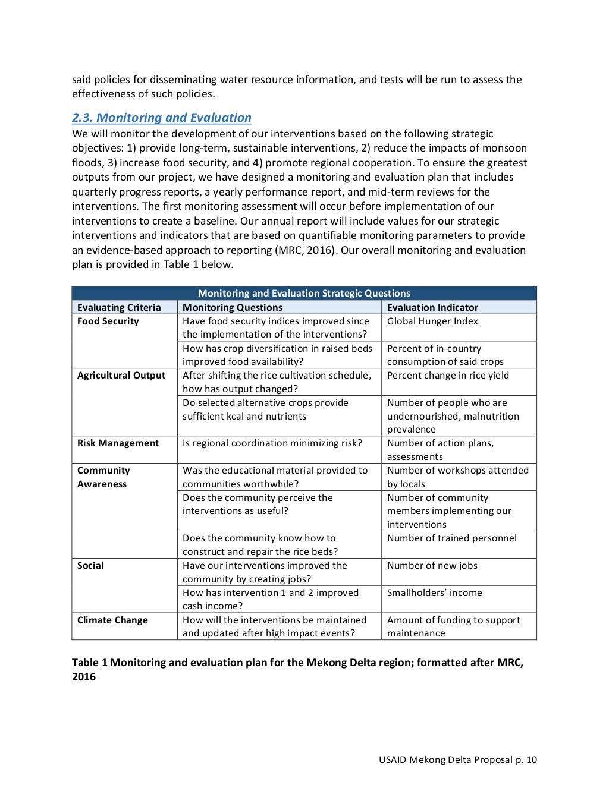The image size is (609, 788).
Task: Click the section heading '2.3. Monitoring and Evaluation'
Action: click(162, 118)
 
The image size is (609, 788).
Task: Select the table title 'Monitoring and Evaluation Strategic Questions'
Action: click(304, 293)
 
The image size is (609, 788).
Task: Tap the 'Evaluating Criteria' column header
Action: click(119, 307)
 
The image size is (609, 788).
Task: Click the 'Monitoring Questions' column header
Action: click(233, 307)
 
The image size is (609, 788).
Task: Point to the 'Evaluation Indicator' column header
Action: click(432, 307)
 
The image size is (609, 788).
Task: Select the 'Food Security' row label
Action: click(108, 321)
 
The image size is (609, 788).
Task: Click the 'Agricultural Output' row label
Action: click(121, 376)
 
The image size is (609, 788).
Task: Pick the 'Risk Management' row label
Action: click(118, 443)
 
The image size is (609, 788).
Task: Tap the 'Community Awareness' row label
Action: click(103, 477)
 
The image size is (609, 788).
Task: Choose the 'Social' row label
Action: click(90, 566)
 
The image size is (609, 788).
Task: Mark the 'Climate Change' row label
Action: click(112, 620)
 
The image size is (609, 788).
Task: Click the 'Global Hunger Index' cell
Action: click(432, 321)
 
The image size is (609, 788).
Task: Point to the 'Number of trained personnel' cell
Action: click(451, 538)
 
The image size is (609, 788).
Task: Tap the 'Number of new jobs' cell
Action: click(432, 566)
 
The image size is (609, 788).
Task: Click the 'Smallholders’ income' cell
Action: click(434, 593)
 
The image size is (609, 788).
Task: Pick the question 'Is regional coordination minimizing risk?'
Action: click(272, 443)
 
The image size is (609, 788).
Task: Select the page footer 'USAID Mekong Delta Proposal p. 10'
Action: click(457, 759)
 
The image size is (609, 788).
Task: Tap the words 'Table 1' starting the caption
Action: click(89, 663)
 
